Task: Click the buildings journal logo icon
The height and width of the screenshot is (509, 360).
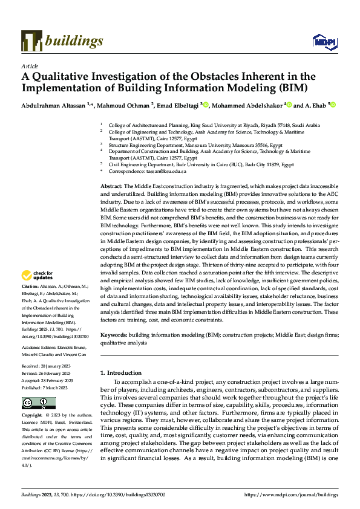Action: [x=31, y=40]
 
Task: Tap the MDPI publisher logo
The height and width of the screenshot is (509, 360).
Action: [x=321, y=41]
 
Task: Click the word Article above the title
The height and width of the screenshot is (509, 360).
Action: [x=30, y=66]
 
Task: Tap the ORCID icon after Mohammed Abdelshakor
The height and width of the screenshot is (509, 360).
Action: [x=289, y=105]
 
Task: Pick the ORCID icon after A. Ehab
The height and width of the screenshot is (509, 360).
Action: [x=332, y=105]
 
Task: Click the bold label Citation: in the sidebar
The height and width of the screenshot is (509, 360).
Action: [x=30, y=285]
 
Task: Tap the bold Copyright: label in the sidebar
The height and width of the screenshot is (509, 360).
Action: [x=31, y=417]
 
